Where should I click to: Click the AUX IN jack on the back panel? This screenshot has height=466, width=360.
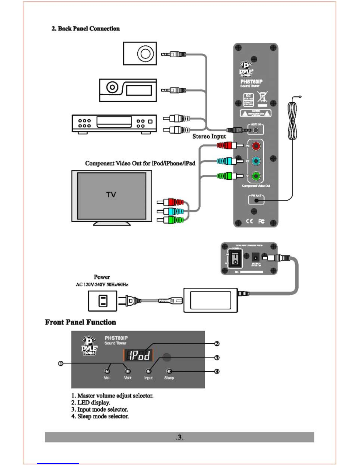[x=256, y=130]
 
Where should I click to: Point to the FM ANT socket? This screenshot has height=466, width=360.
[x=256, y=200]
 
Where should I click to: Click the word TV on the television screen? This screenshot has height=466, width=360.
[x=111, y=195]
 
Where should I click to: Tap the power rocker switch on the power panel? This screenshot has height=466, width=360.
[x=235, y=259]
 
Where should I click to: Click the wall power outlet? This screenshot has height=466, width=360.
[x=103, y=301]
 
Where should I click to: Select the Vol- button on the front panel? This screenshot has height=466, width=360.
[x=107, y=371]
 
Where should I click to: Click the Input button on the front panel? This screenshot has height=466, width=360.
[x=149, y=371]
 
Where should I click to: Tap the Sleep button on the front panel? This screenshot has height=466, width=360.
[x=169, y=371]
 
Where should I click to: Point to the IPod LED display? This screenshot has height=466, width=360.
[x=138, y=355]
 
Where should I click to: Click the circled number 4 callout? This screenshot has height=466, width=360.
[x=217, y=371]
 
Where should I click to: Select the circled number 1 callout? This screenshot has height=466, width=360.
[x=61, y=364]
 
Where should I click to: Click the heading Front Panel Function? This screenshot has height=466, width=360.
[x=80, y=322]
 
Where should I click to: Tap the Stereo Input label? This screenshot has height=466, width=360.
[x=209, y=137]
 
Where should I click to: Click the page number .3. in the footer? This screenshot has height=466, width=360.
[x=179, y=437]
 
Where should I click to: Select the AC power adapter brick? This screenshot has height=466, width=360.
[x=210, y=300]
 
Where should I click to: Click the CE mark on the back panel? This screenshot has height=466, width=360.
[x=249, y=221]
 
